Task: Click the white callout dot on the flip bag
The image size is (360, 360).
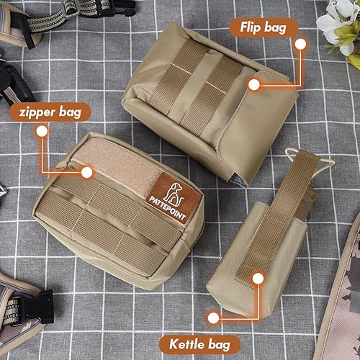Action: pos(253,84)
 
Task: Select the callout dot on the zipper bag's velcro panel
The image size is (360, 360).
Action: pos(87,173)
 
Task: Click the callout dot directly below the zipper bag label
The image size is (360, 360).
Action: pos(42,131)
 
